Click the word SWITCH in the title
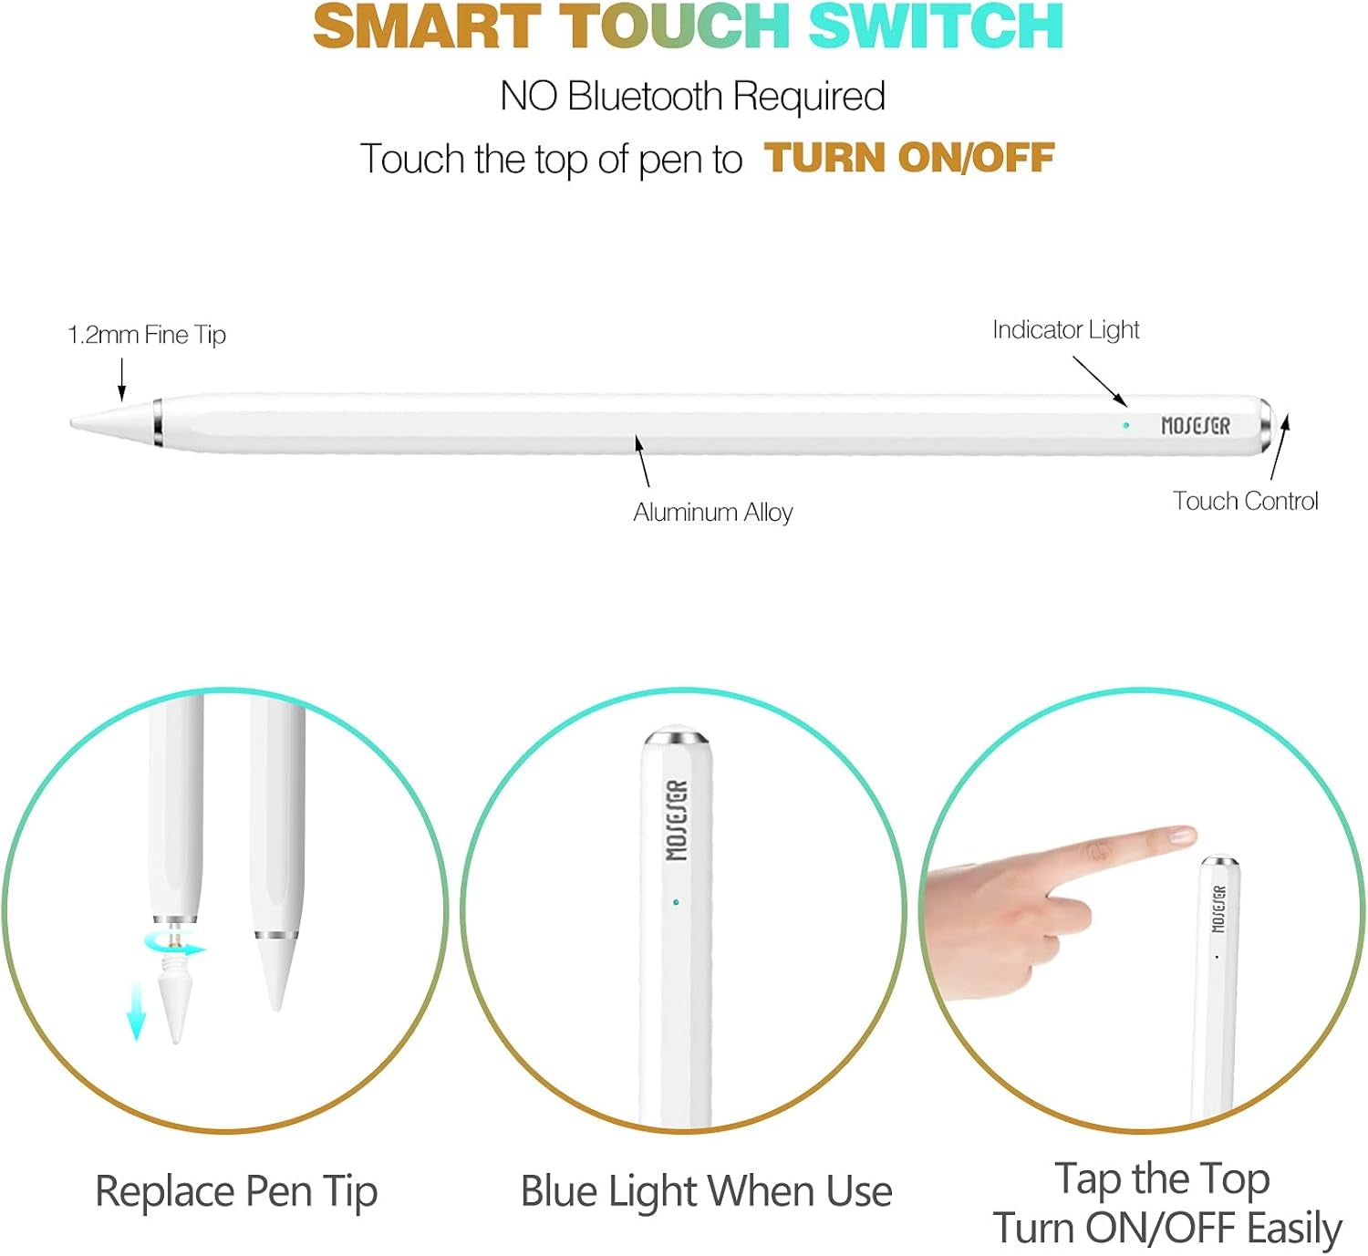tap(935, 26)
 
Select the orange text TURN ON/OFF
tap(909, 159)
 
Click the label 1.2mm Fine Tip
tap(147, 335)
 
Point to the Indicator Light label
tap(1065, 330)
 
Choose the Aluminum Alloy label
tap(712, 513)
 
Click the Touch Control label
tap(1245, 502)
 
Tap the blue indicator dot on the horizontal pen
tap(1126, 425)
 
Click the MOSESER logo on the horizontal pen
tap(1196, 426)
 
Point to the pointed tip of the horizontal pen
tap(72, 423)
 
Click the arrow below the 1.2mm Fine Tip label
tap(122, 380)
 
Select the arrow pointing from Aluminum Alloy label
tap(642, 462)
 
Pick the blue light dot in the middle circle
tap(676, 902)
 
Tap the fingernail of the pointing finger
tap(1181, 835)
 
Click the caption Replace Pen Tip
tap(236, 1192)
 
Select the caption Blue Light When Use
tap(707, 1192)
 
